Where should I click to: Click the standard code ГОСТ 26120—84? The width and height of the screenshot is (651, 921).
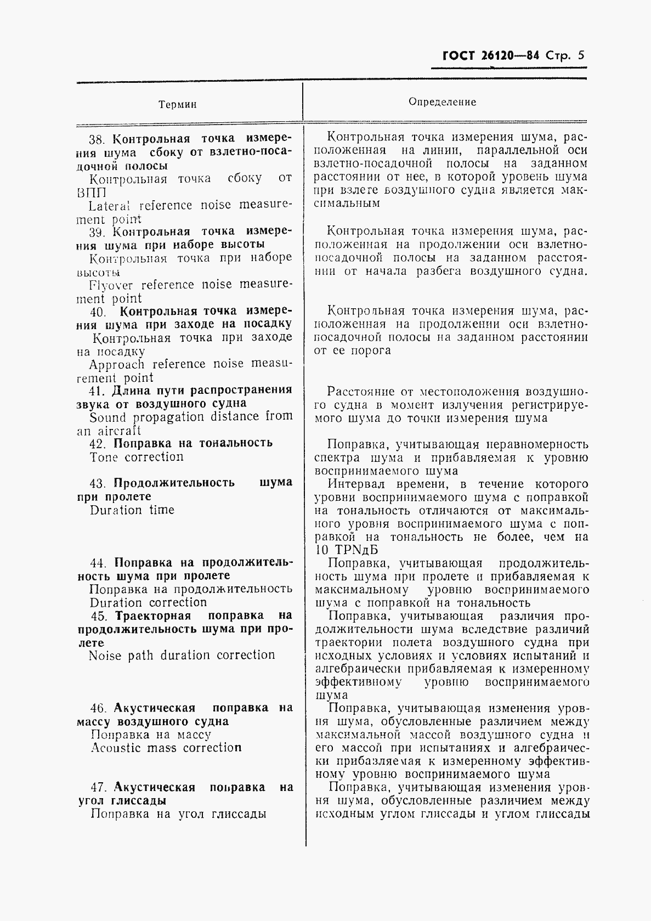tap(490, 56)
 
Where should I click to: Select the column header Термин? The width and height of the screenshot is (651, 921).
tap(177, 104)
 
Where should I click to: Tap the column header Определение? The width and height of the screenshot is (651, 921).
tap(442, 102)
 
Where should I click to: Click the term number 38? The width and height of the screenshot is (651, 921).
tap(99, 139)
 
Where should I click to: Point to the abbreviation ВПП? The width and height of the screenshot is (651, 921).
tap(91, 193)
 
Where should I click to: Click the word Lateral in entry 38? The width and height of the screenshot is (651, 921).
tap(110, 206)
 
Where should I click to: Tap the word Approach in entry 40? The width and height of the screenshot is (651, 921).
tap(117, 365)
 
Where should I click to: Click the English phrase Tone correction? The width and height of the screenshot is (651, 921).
tap(137, 457)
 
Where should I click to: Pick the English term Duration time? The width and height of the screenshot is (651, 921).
tap(132, 510)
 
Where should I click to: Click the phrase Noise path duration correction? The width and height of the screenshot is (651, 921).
tap(182, 656)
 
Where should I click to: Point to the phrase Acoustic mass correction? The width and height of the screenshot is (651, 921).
tap(166, 748)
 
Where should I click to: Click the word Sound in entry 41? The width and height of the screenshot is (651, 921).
tap(107, 417)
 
